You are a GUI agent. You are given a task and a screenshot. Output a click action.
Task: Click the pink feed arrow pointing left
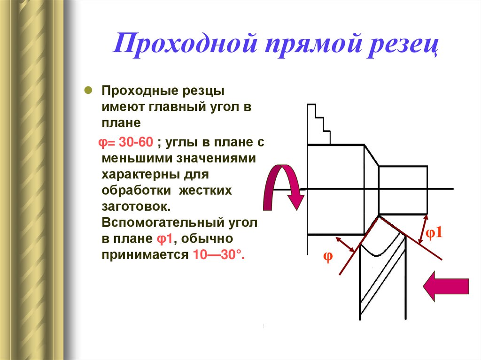[x=446, y=287]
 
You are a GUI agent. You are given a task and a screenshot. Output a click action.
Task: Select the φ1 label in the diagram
[x=434, y=233]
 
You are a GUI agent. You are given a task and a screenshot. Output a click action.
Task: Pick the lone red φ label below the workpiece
[x=328, y=257]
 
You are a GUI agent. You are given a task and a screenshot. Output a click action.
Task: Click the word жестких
[x=207, y=191]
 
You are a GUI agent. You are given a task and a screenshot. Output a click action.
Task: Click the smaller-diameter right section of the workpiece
[x=403, y=189]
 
